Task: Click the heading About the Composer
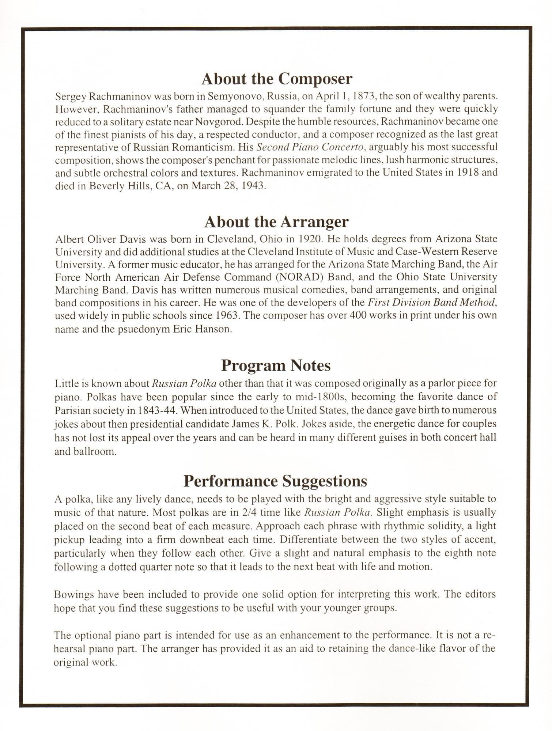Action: pos(277,79)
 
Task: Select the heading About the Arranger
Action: pos(276,221)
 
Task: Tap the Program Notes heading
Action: pos(276,365)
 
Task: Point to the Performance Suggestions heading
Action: pos(275,481)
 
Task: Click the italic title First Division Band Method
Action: pos(432,303)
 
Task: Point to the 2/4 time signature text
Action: pos(249,512)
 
